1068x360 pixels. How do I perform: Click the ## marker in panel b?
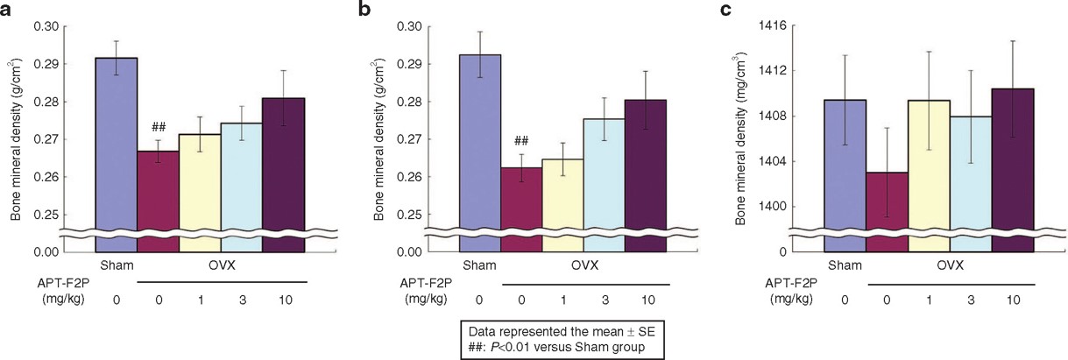[x=521, y=141]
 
